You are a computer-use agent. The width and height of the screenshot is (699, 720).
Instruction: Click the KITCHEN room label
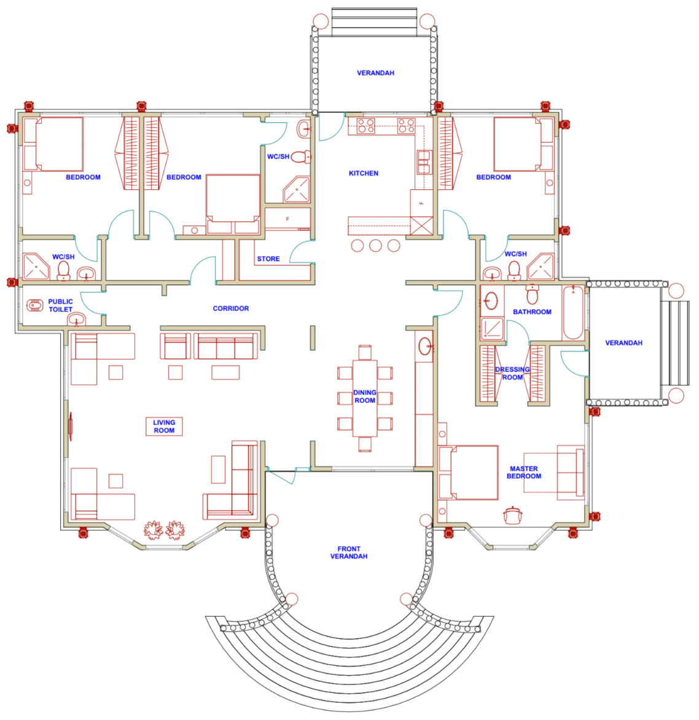[x=364, y=173]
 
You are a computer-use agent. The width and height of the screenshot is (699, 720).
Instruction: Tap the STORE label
[x=268, y=259]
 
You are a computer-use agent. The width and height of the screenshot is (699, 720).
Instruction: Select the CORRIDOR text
[x=231, y=308]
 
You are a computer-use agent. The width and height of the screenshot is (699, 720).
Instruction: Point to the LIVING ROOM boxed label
[x=164, y=426]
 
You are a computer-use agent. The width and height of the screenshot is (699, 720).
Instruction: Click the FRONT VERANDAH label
[x=349, y=553]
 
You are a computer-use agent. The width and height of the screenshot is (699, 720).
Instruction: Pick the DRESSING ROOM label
[x=512, y=374]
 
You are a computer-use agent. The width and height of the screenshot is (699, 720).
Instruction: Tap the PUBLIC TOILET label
[x=60, y=305]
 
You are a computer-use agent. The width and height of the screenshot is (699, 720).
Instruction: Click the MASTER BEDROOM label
[x=524, y=472]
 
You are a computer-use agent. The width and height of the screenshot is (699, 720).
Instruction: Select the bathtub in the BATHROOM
[x=573, y=312]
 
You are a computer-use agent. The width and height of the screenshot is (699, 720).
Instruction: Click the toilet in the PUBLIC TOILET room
[x=36, y=303]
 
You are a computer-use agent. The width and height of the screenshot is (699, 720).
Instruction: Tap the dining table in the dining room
[x=365, y=397]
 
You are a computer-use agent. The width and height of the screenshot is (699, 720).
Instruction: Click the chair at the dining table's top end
[x=365, y=352]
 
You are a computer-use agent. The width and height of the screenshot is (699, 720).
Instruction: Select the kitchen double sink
[x=424, y=162]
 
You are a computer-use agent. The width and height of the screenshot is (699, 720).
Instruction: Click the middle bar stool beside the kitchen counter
[x=375, y=246]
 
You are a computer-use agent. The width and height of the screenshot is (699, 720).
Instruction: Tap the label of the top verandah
[x=375, y=73]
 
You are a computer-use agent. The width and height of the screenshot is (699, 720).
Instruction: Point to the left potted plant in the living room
[x=153, y=530]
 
